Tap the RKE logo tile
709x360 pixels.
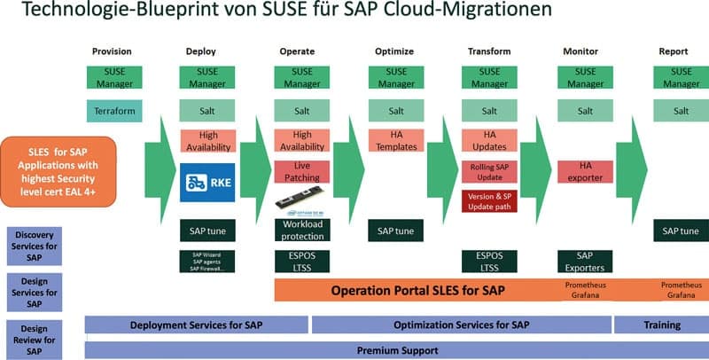click(207, 183)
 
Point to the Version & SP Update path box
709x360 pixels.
click(488, 201)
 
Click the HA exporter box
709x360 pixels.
click(585, 172)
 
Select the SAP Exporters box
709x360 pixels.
click(585, 261)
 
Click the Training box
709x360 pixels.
click(660, 325)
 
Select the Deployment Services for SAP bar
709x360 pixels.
click(196, 325)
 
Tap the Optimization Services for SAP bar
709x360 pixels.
click(460, 325)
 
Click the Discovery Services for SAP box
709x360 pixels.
click(35, 246)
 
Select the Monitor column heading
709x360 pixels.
click(580, 51)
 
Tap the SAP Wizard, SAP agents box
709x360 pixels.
click(207, 262)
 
